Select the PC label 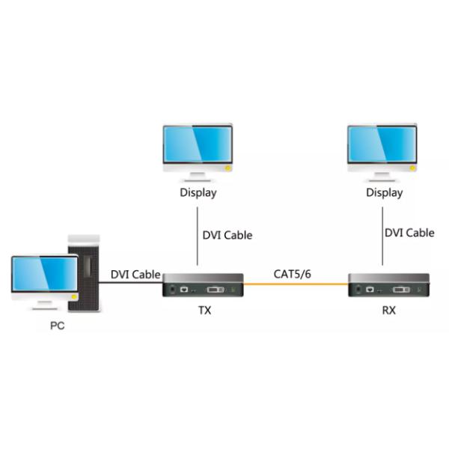57,326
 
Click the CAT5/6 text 292,274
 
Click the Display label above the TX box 198,192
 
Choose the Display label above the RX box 384,192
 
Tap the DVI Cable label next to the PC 135,274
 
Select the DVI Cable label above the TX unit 227,235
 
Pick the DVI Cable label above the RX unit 409,233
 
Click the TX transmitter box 204,286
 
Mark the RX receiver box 388,286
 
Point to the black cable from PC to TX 131,284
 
